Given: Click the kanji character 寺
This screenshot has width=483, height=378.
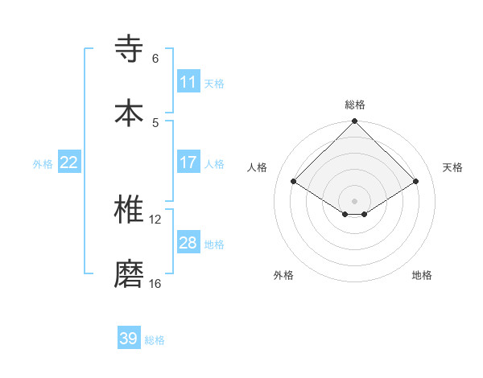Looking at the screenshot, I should point(130,49).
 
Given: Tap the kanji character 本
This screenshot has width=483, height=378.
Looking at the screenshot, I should point(130,112).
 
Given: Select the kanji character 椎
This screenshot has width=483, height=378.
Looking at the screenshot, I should point(130,210).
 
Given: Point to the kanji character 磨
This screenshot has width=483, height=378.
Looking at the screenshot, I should point(130,273).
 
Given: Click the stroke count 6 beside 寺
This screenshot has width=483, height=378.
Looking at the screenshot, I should point(155,59).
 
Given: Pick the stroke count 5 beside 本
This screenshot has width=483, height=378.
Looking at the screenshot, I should point(155,122).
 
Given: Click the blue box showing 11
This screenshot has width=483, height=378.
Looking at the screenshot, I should point(188,82).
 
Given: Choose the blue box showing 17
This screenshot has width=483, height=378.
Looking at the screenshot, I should point(188,162).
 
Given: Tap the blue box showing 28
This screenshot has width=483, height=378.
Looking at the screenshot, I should point(188,243).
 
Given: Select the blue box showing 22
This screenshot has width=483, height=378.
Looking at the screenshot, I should point(69,162).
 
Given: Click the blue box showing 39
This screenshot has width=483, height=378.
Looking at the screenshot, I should point(129,339).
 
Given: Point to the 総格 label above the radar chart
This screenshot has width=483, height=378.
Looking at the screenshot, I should point(354,105).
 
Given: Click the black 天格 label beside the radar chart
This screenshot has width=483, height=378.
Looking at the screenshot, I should point(453,167).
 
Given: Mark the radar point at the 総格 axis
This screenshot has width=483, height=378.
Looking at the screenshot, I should point(354,122).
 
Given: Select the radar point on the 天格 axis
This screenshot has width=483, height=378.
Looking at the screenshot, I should point(416,182).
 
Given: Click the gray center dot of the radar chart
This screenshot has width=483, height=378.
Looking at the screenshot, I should point(354,200).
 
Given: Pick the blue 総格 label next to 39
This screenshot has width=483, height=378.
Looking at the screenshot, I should point(155,340).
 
